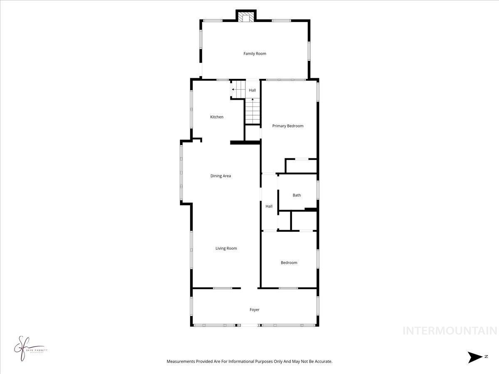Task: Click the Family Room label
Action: coord(254,54)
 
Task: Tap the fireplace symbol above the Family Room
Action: coord(246,17)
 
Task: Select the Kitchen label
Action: coord(217,117)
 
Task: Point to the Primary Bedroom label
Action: coord(288,126)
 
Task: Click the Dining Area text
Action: coord(220,176)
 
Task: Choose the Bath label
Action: coord(296,195)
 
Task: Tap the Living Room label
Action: coord(226,249)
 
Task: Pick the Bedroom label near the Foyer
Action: coord(289,263)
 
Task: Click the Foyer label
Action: coord(254,310)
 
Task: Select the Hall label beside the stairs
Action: coord(252,91)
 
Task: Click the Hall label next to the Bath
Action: coord(269,207)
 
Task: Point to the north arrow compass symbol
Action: coord(474,357)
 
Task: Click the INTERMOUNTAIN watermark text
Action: coord(450,331)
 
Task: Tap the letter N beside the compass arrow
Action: coord(486,357)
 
